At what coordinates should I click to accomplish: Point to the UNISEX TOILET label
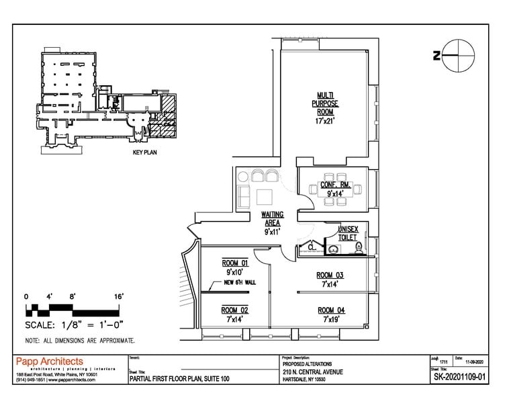[349, 233]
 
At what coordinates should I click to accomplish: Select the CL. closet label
[312, 247]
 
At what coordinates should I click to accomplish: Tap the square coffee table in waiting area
[263, 197]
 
